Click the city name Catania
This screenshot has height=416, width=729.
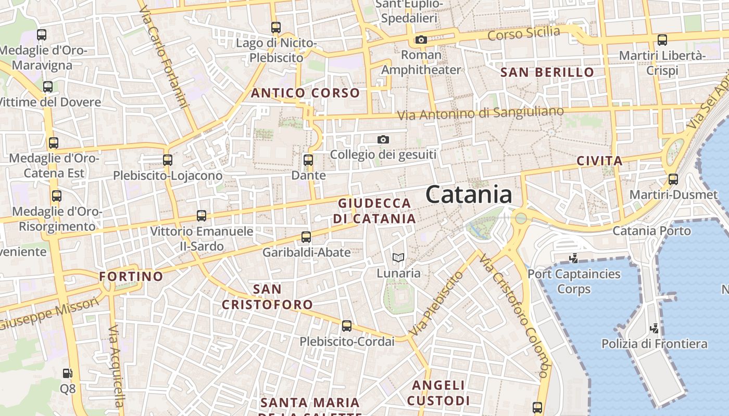pos(469,195)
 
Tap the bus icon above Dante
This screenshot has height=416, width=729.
pos(308,160)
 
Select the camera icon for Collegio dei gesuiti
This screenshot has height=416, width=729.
pos(383,139)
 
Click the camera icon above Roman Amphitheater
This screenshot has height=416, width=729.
pos(421,40)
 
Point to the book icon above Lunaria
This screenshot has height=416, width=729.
pos(398,257)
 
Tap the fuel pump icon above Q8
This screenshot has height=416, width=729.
pos(67,373)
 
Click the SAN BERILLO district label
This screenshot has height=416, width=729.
pos(547,72)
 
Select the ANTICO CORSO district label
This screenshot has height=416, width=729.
pos(306,93)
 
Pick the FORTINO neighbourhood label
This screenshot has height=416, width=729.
pos(131,276)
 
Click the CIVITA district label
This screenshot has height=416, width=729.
pos(599,161)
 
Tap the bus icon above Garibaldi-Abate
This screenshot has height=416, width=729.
pos(306,237)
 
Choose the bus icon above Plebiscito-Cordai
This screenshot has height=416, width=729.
pos(347,326)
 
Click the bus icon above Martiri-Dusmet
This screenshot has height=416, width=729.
pos(673,179)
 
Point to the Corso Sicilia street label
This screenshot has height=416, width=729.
pos(524,34)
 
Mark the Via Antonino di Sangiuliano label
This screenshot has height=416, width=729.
pos(481,113)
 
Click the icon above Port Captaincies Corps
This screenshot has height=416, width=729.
pos(574,257)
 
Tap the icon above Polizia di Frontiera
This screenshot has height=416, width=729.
pos(655,328)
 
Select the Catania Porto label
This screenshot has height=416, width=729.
pos(651,230)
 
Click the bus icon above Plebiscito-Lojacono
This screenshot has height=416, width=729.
pos(168,160)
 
